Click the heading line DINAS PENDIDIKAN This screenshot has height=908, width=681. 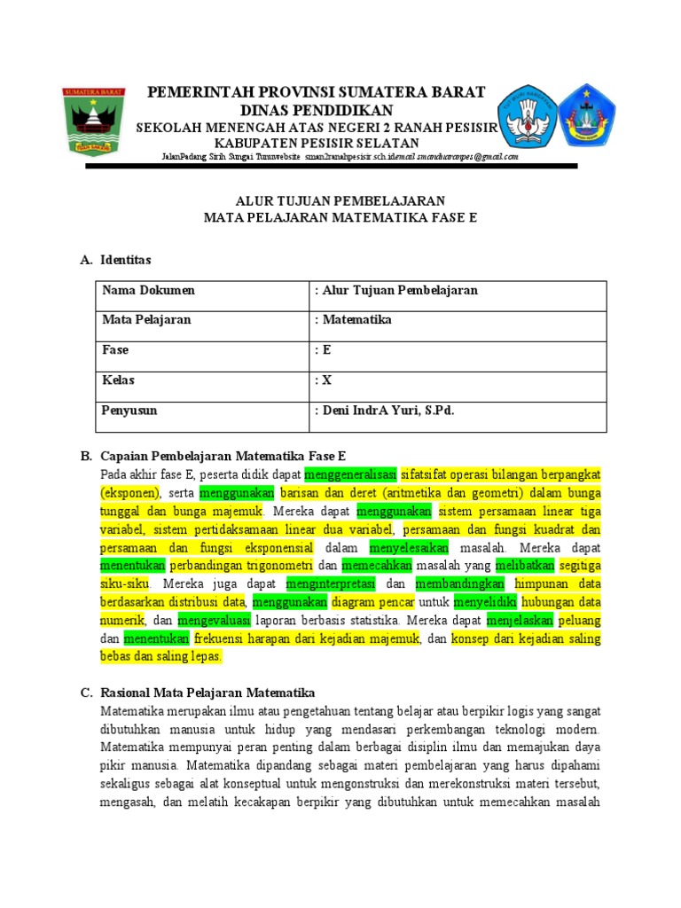coord(317,110)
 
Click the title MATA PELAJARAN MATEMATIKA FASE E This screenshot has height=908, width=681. coord(340,217)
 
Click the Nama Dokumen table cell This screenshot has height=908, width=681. coord(148,291)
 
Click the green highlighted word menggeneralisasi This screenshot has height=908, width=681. coord(350,473)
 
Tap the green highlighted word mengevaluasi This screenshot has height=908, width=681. coord(215,620)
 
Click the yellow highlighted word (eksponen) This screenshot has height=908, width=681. coord(129,493)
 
